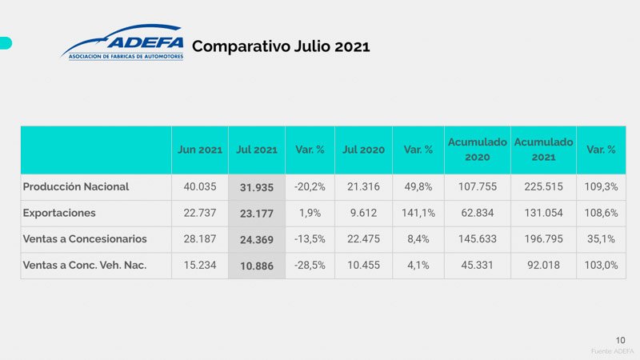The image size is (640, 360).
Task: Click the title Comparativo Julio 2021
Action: click(281, 46)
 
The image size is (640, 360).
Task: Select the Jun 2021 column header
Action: click(199, 150)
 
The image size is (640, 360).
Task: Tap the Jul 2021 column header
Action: click(257, 150)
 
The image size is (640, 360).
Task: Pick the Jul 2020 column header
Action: click(363, 150)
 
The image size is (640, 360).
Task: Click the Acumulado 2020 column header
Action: click(477, 150)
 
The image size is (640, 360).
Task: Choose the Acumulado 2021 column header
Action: click(543, 150)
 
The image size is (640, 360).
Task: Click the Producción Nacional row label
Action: click(76, 186)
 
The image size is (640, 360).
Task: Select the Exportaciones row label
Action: click(60, 213)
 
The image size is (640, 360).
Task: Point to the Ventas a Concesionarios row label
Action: click(85, 238)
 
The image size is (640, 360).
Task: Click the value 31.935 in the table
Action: click(257, 187)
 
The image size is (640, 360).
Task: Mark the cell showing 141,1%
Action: click(418, 213)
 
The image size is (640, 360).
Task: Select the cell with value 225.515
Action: click(543, 186)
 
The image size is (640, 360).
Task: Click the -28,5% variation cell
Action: click(310, 265)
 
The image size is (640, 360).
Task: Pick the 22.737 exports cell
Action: click(199, 213)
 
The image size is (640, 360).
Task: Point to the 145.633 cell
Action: click(477, 238)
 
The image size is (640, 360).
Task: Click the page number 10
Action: click(621, 339)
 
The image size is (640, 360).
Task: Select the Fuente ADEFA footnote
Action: click(612, 352)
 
